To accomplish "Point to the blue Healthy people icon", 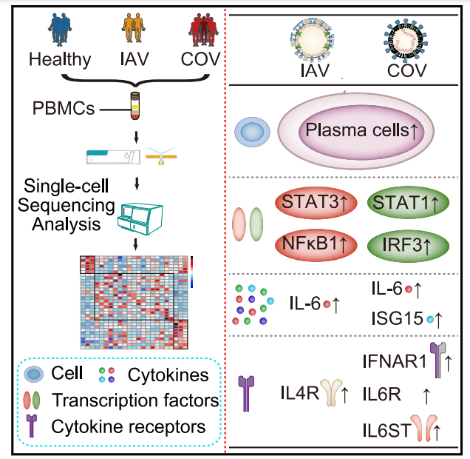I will coord(60,31).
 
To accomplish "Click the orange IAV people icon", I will coord(133,31).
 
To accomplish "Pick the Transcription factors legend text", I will coord(135,401).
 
